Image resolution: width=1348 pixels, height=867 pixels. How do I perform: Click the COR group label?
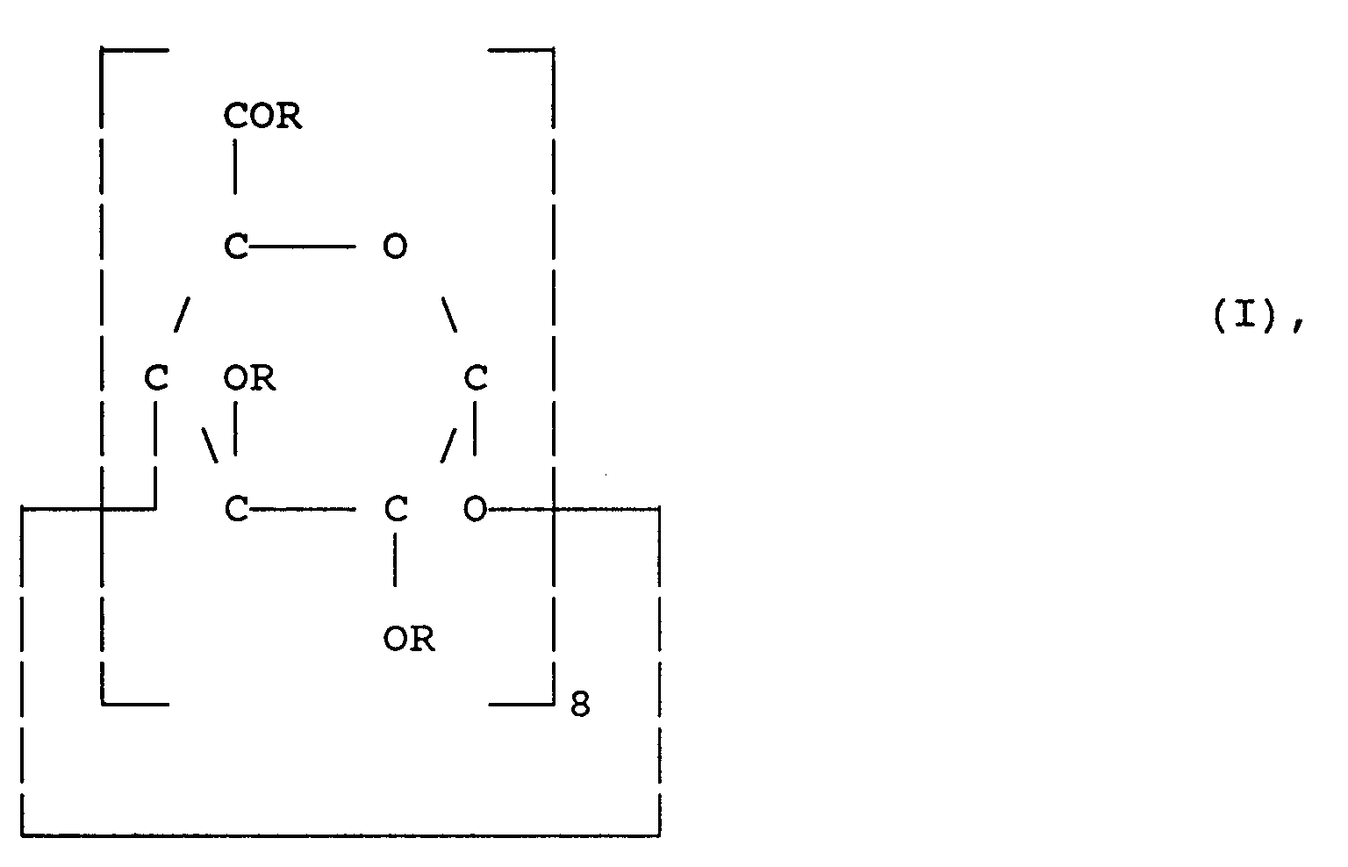262,116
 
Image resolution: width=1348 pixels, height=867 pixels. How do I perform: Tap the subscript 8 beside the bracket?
580,704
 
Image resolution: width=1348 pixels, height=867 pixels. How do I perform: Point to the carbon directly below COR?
236,246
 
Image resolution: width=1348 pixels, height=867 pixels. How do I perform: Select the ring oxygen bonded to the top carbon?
395,247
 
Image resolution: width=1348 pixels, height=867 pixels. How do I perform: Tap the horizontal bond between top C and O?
302,247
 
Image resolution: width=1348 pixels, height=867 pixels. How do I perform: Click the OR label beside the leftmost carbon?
249,378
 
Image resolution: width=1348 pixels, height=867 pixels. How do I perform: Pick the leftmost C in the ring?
156,378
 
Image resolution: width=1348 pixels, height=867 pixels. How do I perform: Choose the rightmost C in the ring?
476,378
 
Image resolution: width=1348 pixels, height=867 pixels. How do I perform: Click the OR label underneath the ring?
409,638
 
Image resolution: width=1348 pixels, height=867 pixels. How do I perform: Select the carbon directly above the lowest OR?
396,509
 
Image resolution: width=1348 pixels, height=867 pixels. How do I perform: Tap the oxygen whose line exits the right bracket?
476,509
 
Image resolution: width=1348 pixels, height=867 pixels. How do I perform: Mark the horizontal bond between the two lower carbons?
302,510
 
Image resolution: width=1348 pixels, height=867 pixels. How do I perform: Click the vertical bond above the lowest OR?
395,560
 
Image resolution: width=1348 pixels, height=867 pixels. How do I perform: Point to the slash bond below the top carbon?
182,314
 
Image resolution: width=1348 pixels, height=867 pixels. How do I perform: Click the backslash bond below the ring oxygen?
449,314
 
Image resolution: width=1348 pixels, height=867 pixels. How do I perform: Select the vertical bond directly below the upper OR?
234,428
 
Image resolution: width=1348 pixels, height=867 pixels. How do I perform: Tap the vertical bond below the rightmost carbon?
475,428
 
